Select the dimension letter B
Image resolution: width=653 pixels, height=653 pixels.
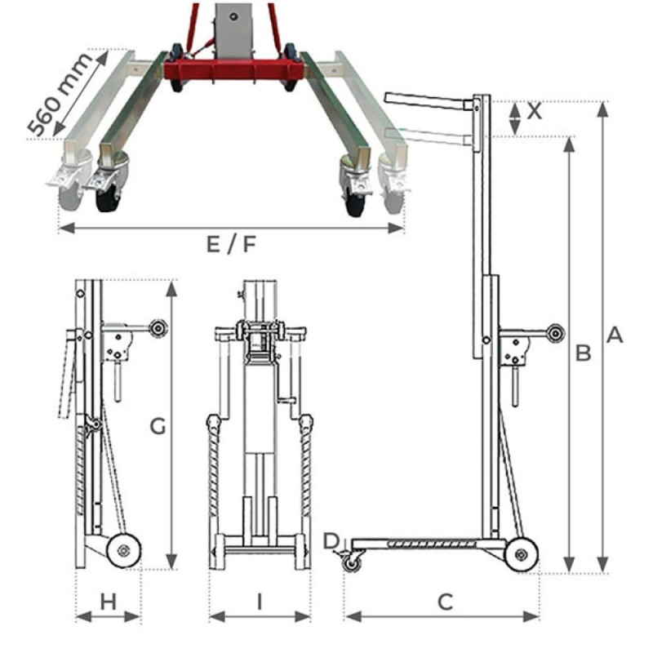(x=583, y=353)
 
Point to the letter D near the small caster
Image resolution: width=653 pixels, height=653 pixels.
(x=331, y=540)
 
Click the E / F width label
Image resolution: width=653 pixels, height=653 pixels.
(x=231, y=243)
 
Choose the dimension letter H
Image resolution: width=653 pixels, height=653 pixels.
(x=108, y=602)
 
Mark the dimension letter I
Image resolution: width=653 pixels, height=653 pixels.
(x=260, y=602)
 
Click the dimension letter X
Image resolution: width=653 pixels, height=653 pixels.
(x=535, y=112)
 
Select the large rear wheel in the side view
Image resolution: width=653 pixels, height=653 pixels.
(x=521, y=555)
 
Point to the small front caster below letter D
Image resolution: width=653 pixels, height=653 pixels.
(x=352, y=562)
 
